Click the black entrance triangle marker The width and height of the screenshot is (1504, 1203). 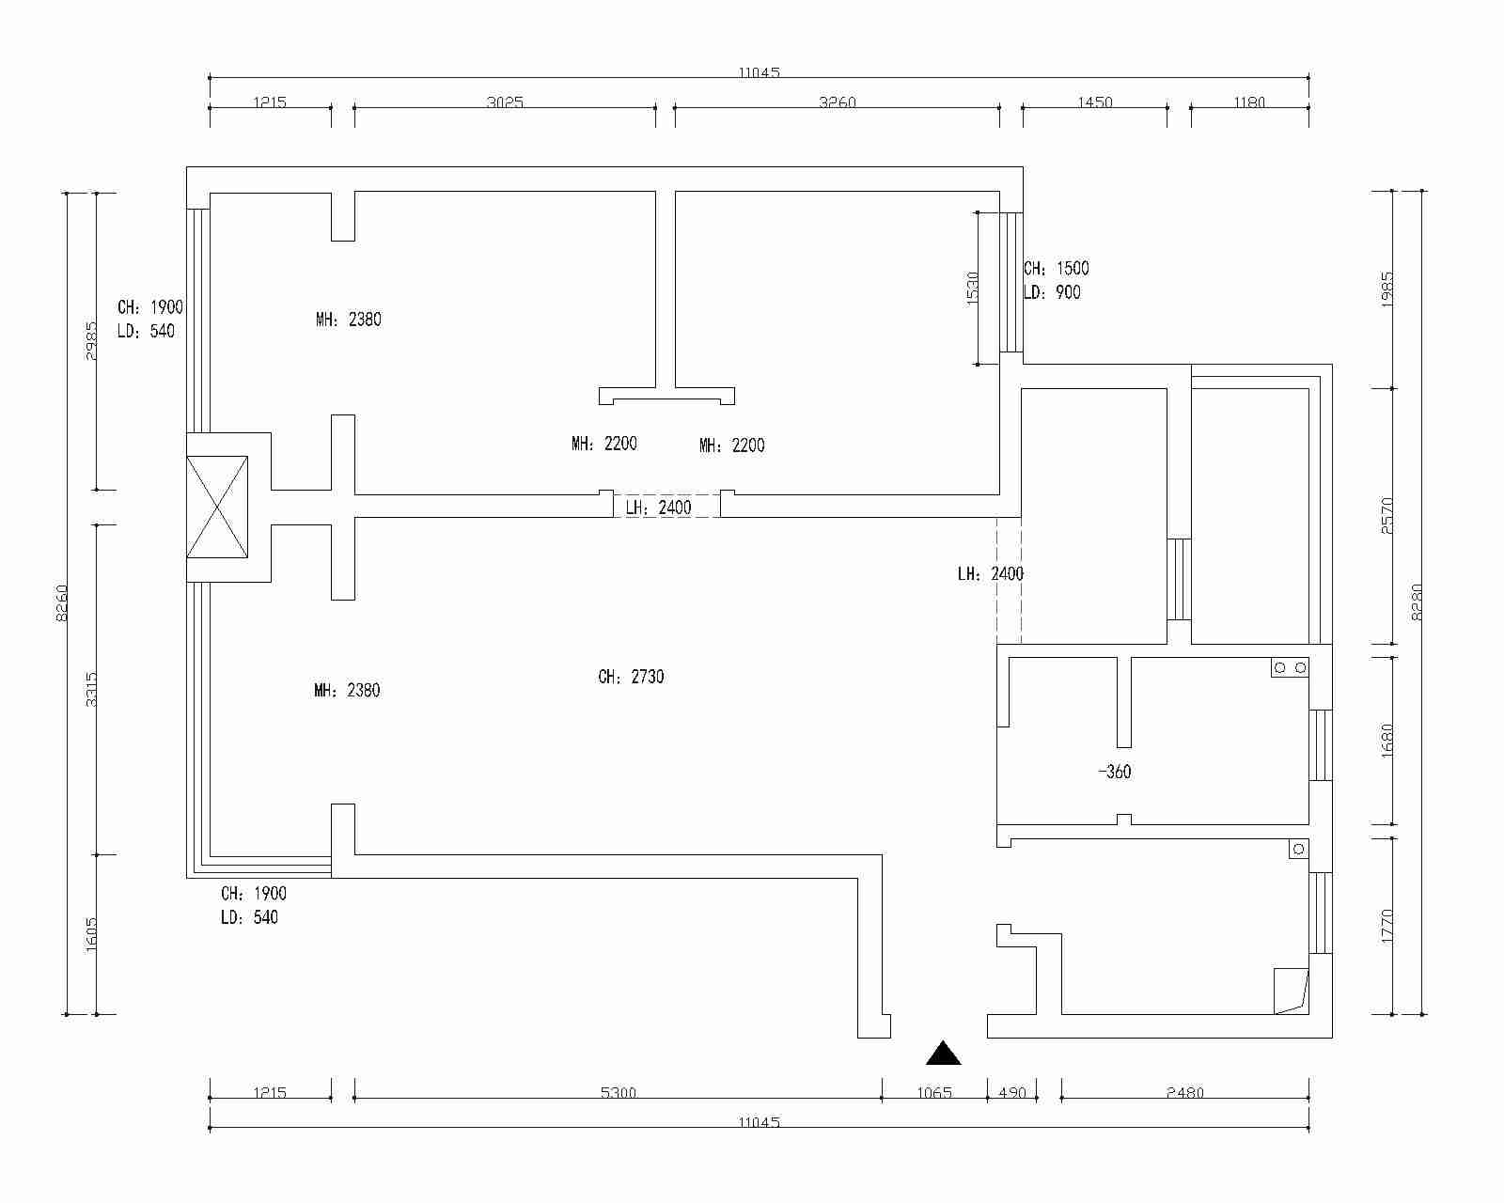click(x=943, y=1054)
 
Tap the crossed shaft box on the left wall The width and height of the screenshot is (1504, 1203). click(x=217, y=507)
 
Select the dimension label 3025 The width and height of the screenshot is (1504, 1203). click(x=505, y=102)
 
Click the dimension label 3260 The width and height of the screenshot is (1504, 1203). click(x=838, y=102)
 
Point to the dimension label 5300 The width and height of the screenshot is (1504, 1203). click(x=619, y=1092)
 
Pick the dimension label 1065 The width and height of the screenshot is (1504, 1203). click(x=934, y=1092)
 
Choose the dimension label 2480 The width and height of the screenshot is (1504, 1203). click(x=1185, y=1092)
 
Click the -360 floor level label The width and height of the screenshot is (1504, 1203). click(x=1115, y=772)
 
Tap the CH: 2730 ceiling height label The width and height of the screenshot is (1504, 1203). click(x=631, y=677)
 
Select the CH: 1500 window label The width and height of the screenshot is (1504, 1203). click(x=1056, y=269)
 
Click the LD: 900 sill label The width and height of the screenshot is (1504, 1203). click(x=1052, y=292)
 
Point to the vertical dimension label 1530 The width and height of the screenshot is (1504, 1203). click(x=972, y=288)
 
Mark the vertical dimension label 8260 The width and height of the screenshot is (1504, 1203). click(x=61, y=602)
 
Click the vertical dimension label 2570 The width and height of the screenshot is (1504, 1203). click(x=1387, y=516)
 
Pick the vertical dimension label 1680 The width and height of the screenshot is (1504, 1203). click(x=1387, y=741)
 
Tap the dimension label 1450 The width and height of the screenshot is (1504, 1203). click(x=1094, y=102)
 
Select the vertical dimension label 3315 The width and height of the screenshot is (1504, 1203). click(x=91, y=689)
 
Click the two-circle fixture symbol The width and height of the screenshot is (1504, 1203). click(x=1290, y=667)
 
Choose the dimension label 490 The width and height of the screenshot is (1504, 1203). click(x=1012, y=1092)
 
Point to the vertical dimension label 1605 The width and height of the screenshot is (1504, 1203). click(x=91, y=934)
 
